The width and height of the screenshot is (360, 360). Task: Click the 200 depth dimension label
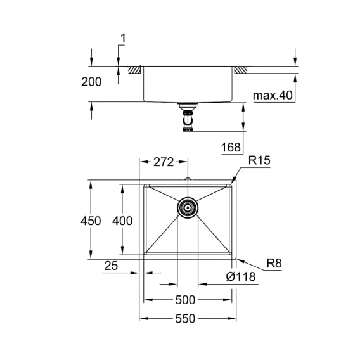click(91, 82)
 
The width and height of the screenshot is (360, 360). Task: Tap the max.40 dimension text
click(273, 95)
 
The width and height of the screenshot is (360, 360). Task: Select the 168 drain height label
click(231, 147)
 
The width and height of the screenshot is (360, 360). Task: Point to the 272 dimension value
click(164, 162)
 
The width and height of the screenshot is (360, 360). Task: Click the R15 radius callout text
click(259, 160)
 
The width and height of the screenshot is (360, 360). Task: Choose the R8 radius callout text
click(274, 263)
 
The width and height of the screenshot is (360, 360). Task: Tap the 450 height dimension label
click(91, 221)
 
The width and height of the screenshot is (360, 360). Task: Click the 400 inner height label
click(122, 221)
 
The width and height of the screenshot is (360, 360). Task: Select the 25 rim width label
click(111, 266)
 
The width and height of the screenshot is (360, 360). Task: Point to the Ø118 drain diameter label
click(241, 277)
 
